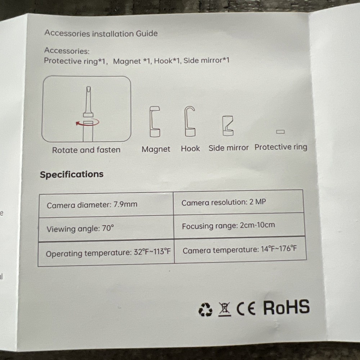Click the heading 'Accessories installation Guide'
click(x=101, y=33)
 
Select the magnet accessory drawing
click(x=155, y=121)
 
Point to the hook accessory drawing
click(x=190, y=121)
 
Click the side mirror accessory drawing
click(x=228, y=126)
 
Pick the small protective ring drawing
click(x=280, y=132)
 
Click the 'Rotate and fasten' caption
click(x=86, y=150)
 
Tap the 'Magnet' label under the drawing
click(x=156, y=149)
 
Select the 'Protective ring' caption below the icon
click(x=281, y=147)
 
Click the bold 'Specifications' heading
click(x=72, y=174)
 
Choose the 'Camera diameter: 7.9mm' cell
click(x=106, y=205)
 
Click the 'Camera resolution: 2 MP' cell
click(x=239, y=202)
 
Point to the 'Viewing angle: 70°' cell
click(x=106, y=229)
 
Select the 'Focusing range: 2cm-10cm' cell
click(x=239, y=225)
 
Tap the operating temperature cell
click(x=106, y=253)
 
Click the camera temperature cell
click(x=240, y=249)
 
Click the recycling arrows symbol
click(x=205, y=310)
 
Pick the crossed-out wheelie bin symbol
click(x=225, y=309)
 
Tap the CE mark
click(x=246, y=309)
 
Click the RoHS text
click(x=286, y=307)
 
